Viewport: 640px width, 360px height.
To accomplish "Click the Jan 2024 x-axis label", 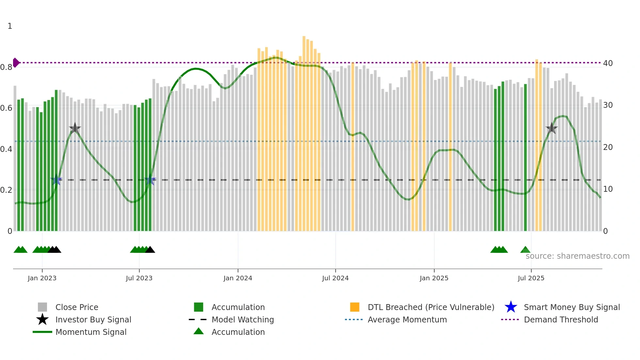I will [x=238, y=278].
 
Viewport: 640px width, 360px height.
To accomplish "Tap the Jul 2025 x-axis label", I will [x=531, y=278].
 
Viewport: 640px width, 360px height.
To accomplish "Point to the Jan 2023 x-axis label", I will [x=42, y=278].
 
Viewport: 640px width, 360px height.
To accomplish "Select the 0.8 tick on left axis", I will [x=6, y=67].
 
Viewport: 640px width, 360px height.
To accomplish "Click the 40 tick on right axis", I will [x=608, y=63].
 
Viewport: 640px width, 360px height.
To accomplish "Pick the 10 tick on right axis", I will [x=608, y=189].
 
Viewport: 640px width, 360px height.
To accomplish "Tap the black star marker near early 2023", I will [x=75, y=128].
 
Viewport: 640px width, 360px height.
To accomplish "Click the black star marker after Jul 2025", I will [x=552, y=128].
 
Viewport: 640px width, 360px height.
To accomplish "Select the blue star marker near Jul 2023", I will [x=150, y=180].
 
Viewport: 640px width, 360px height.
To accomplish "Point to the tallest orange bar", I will [x=304, y=131].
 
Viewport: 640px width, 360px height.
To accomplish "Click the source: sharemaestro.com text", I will [x=577, y=256].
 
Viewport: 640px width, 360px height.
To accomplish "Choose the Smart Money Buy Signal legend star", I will [x=511, y=307].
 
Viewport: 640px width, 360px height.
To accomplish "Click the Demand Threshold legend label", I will [x=561, y=319].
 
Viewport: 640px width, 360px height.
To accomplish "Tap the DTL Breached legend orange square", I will [x=355, y=307].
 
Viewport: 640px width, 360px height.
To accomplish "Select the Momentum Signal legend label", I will [x=91, y=332].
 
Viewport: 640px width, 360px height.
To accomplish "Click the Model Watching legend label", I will [x=243, y=319].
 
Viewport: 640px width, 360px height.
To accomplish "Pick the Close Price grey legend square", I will [x=42, y=307].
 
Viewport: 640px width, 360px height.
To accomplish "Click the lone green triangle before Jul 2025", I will [x=525, y=250].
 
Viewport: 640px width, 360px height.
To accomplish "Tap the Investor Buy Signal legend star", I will [x=42, y=319].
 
